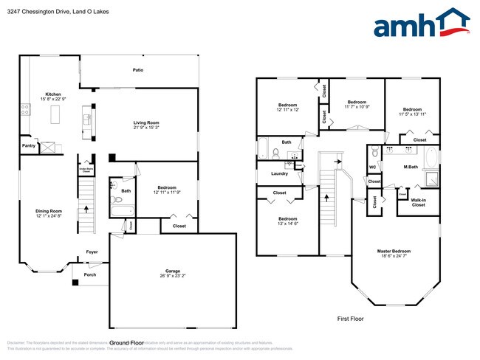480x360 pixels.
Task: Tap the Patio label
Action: [137, 70]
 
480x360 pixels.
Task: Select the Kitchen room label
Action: [53, 94]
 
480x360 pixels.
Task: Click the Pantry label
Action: [29, 145]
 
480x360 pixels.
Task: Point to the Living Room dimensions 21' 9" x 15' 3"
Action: [146, 128]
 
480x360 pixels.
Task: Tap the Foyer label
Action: [92, 252]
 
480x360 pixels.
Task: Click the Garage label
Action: [174, 271]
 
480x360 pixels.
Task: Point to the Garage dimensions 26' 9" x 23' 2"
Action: [174, 277]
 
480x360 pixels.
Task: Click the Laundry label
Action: [280, 173]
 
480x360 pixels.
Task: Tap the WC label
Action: [372, 167]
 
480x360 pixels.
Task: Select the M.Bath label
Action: [411, 167]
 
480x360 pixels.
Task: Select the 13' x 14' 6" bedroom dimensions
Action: [287, 224]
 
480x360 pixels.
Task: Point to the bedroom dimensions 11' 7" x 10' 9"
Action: [357, 106]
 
